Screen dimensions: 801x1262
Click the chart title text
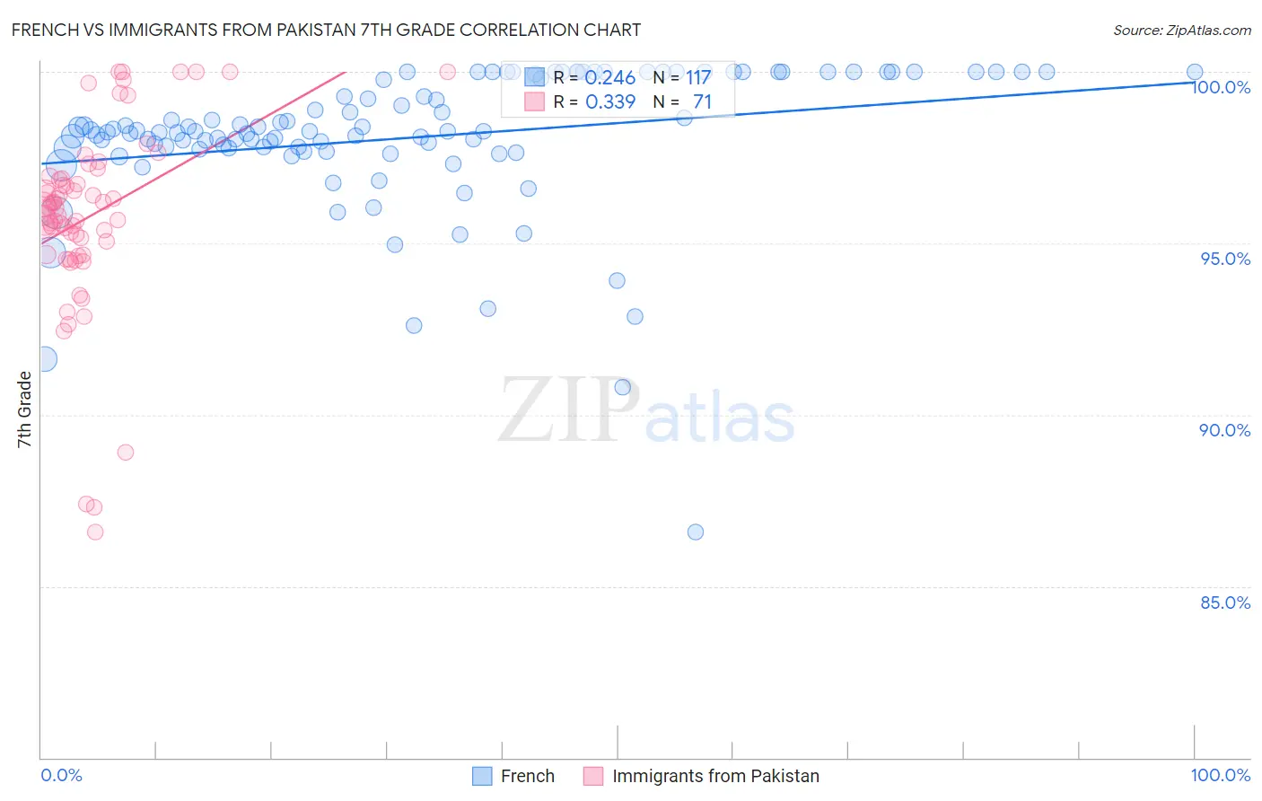point(326,30)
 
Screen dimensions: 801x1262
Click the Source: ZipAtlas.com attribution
point(1181,30)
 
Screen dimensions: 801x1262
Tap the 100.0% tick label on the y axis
point(1221,87)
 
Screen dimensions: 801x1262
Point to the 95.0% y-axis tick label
point(1225,259)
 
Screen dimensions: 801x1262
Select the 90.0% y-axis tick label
point(1225,430)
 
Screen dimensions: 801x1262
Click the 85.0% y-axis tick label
point(1225,603)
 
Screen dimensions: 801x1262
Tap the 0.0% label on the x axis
point(62,775)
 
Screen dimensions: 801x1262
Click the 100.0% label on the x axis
point(1220,775)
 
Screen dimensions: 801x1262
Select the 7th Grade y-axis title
point(24,409)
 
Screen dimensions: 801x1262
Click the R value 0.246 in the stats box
point(610,78)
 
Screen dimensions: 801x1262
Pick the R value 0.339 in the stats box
point(610,102)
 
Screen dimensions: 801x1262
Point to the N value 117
point(698,78)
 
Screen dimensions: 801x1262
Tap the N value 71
point(702,102)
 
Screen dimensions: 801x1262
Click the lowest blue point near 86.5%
point(696,532)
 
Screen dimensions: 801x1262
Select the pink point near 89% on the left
point(126,452)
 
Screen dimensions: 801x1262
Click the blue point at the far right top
point(1195,72)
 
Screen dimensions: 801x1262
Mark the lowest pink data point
point(95,532)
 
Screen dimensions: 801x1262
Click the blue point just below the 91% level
point(622,387)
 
